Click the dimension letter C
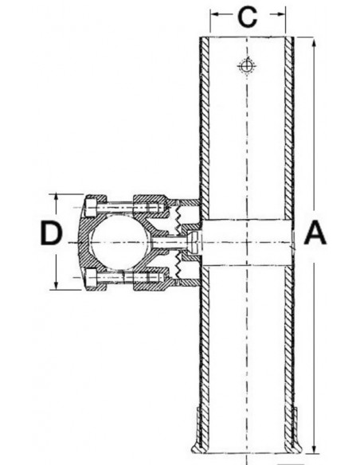pos(248,16)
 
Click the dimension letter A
pos(315,233)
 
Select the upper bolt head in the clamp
pos(92,206)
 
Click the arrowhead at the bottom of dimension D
pos(57,287)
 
